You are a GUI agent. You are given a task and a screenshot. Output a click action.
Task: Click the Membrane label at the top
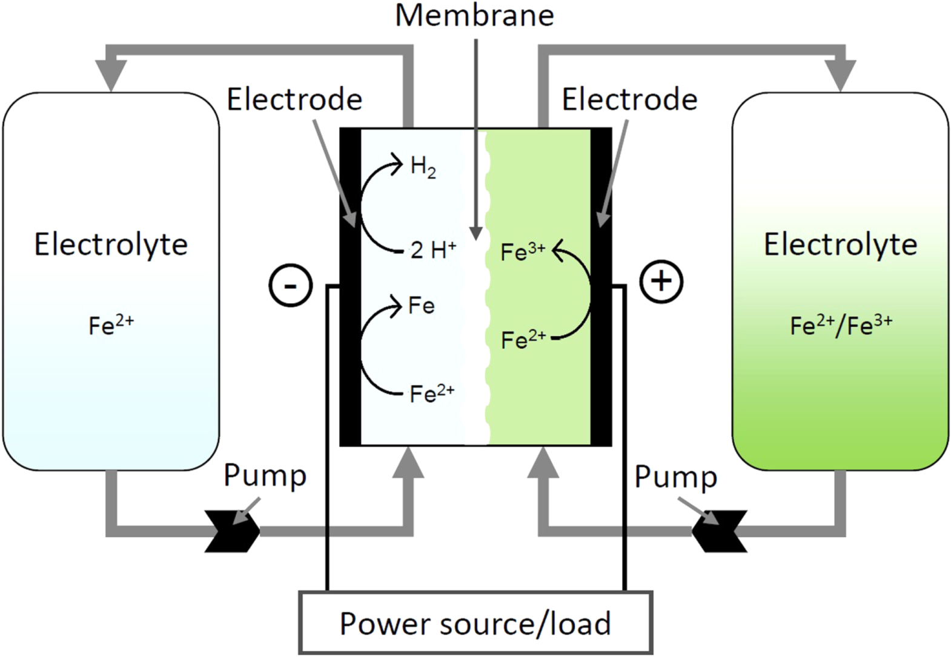(x=474, y=15)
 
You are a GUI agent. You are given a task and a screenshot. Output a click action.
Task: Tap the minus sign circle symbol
(x=291, y=285)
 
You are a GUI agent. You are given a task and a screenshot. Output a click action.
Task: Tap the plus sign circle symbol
(x=661, y=281)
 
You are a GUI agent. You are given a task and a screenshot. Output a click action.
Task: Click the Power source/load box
(x=475, y=623)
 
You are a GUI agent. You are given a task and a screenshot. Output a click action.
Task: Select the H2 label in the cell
(x=423, y=167)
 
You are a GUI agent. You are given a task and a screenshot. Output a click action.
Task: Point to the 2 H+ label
(x=432, y=249)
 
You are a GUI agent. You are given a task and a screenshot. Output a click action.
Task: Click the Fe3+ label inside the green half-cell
(x=522, y=251)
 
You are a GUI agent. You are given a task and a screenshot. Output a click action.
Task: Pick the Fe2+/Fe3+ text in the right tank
(x=840, y=325)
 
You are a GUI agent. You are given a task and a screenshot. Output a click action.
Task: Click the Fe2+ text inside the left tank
(x=111, y=325)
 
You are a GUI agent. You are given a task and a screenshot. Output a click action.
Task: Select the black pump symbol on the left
(x=233, y=531)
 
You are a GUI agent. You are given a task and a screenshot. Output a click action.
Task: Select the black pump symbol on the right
(x=720, y=531)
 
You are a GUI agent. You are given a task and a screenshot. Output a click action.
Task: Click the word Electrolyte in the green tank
(x=840, y=245)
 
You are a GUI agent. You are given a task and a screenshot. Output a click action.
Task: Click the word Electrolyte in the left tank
(x=111, y=245)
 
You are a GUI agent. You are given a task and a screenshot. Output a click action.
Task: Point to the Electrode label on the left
(x=294, y=99)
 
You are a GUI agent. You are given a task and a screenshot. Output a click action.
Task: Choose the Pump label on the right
(x=675, y=477)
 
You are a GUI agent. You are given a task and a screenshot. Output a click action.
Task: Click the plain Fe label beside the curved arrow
(x=422, y=305)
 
